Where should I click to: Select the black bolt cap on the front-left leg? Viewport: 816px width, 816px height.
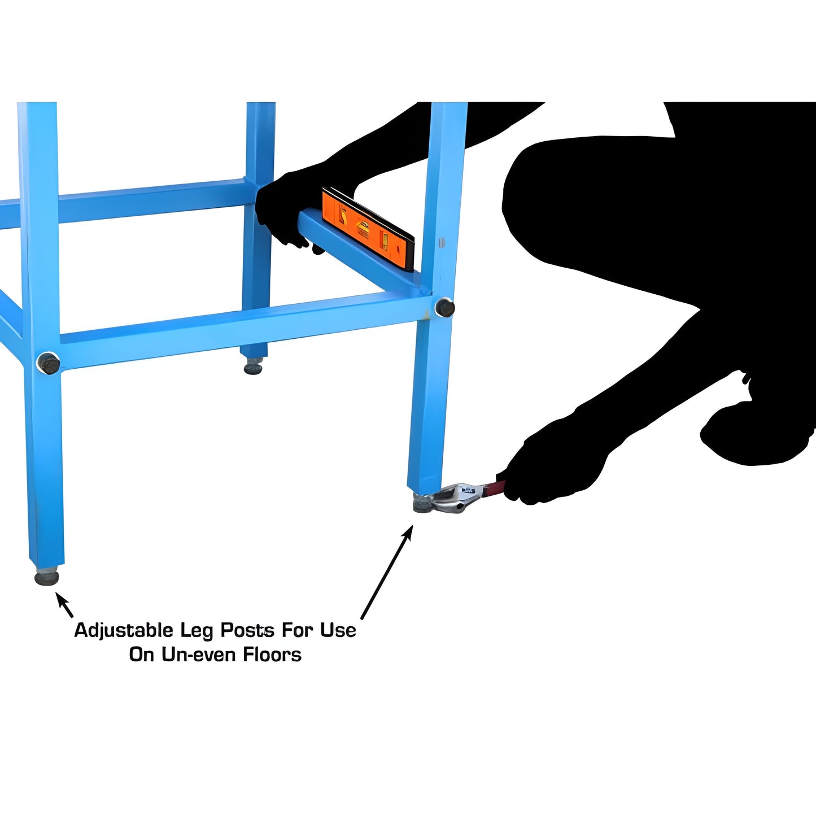(48, 363)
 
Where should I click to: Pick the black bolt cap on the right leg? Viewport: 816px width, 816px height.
(444, 307)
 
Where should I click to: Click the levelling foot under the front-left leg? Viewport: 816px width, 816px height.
(47, 577)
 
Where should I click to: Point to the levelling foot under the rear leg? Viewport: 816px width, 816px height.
(253, 368)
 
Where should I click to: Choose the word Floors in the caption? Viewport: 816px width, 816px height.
(272, 654)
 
